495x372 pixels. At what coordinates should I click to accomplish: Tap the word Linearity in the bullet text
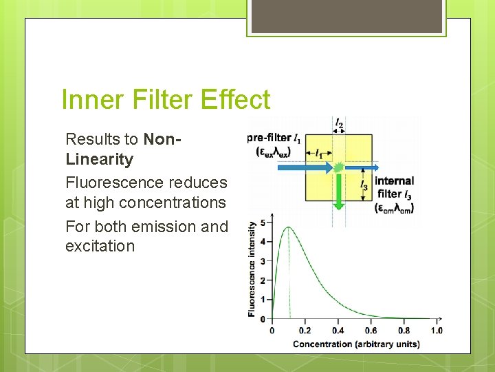(x=99, y=159)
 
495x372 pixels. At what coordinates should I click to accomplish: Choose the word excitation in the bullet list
(x=100, y=246)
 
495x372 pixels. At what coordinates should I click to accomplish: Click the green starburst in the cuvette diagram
(x=338, y=167)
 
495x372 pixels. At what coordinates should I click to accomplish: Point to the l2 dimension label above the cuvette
(x=339, y=124)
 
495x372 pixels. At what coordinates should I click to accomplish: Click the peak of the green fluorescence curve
(x=289, y=228)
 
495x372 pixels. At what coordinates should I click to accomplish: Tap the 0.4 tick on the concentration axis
(x=337, y=331)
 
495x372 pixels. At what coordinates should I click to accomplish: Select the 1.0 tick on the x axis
(x=436, y=331)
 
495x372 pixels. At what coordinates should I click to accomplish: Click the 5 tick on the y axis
(x=252, y=224)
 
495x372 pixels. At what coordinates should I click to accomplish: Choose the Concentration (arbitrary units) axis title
(x=356, y=344)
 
